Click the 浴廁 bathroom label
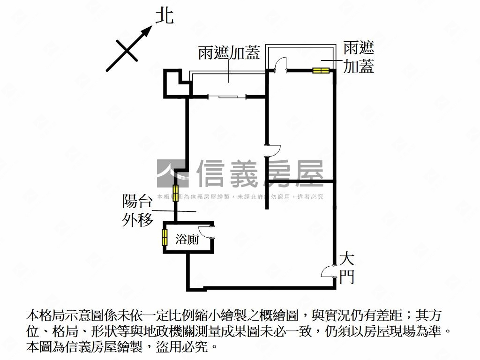click(187, 240)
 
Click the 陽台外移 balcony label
click(137, 211)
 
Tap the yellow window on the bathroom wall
click(165, 237)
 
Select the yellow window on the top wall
click(321, 71)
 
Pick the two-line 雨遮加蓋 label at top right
click(359, 57)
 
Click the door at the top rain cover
click(280, 65)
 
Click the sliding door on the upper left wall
click(227, 97)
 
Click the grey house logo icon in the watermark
click(172, 173)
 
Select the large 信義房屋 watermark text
click(260, 173)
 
